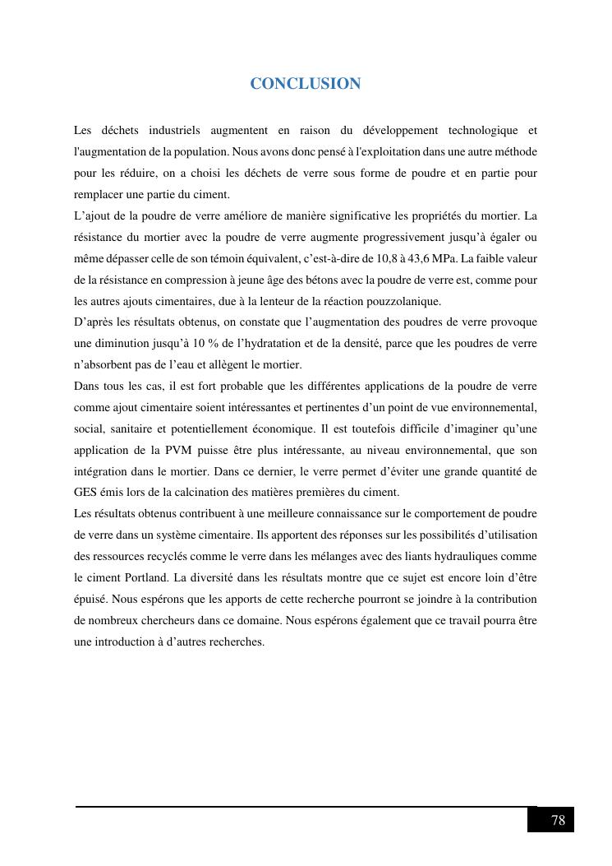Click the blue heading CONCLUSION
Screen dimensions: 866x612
point(305,84)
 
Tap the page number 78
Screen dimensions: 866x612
point(558,820)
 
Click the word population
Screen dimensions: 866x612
point(204,152)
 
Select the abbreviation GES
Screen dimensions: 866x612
point(85,493)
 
